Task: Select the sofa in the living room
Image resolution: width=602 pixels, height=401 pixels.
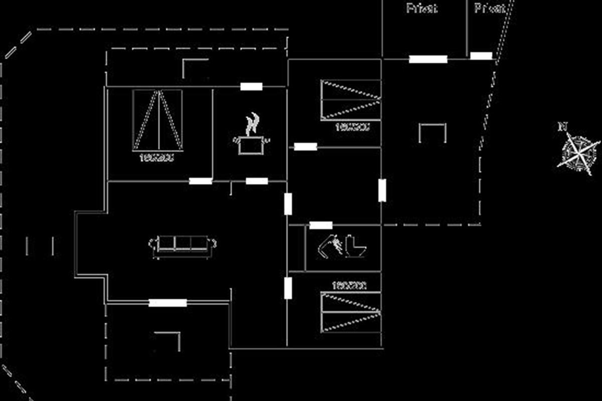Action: pos(183,245)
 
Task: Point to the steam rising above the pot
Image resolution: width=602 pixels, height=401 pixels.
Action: pos(253,122)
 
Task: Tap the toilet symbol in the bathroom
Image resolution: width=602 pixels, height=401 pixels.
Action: pos(357,246)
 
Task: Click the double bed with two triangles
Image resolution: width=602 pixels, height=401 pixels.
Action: pos(158,120)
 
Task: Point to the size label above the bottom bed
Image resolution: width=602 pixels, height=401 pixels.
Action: pos(349,286)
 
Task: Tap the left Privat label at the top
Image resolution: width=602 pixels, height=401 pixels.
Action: pos(421,8)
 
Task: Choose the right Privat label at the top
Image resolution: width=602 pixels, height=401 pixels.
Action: pos(490,8)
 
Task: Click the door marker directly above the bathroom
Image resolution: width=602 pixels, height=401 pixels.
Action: pos(321,226)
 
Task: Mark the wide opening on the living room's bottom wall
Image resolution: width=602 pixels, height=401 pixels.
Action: pos(168,303)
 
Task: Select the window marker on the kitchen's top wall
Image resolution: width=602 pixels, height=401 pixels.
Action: pos(251,87)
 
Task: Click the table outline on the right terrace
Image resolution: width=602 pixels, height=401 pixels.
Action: pos(432,132)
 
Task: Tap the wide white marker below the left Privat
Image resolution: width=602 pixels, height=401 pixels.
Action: pos(428,59)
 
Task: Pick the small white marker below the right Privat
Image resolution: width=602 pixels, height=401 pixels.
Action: pos(481,56)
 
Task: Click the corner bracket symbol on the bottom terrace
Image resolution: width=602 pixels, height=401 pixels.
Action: pos(169,338)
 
